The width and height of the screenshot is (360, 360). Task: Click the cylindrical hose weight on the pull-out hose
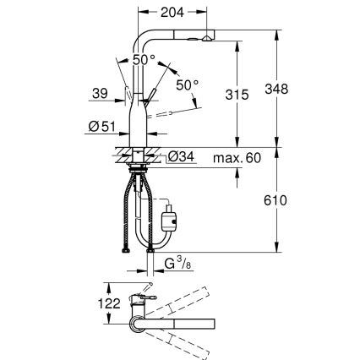point(168,221)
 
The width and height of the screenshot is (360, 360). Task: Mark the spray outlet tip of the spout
point(207,40)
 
